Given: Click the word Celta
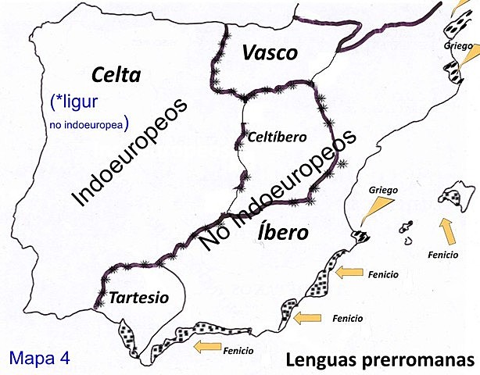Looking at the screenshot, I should tap(116, 75).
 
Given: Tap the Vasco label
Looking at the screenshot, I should tap(270, 53).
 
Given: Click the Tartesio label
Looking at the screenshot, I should tap(138, 298).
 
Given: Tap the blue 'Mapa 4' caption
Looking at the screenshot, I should tap(40, 358).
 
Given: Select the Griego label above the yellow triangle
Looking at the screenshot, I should tap(385, 189).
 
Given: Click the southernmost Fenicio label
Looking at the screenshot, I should tap(238, 351).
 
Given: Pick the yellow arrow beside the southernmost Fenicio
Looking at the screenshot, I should tap(206, 345).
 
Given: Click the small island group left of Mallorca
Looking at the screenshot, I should tap(407, 230).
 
